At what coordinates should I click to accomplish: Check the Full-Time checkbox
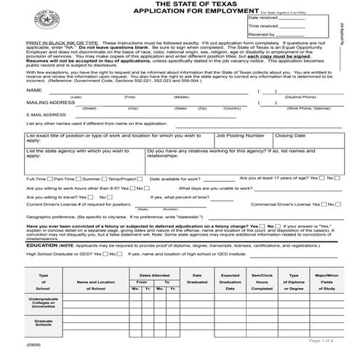coord(50,178)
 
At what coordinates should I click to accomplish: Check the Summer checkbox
coord(104,178)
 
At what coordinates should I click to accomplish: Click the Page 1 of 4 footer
coord(322,340)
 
